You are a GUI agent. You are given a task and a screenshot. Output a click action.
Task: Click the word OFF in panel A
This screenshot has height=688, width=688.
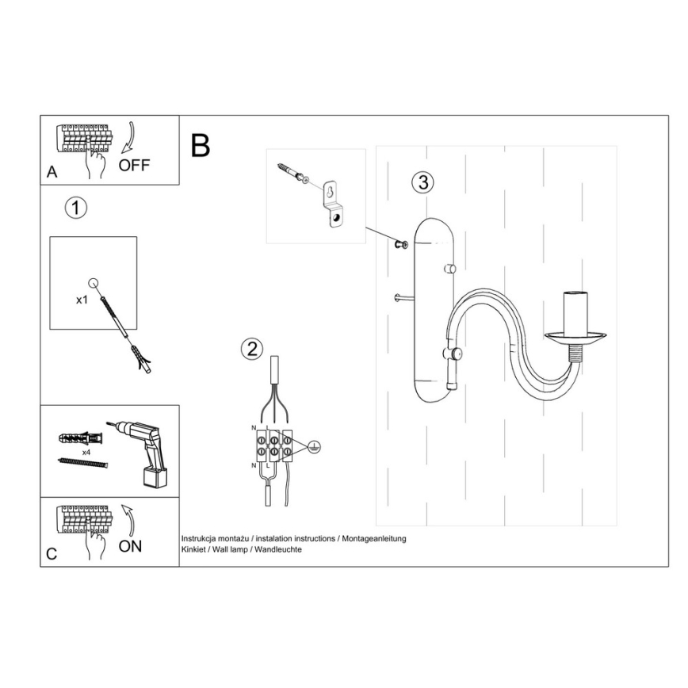click(133, 165)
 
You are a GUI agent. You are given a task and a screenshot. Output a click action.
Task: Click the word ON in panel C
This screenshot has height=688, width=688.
click(130, 546)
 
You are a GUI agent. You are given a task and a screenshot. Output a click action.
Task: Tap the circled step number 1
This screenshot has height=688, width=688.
click(75, 208)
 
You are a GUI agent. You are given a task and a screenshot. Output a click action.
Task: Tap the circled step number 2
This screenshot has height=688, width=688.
click(252, 349)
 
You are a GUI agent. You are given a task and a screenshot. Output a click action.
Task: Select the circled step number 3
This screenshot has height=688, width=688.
click(423, 182)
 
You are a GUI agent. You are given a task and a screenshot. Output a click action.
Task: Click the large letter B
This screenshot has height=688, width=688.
click(201, 146)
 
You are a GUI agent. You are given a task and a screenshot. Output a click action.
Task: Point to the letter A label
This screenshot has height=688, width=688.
click(52, 171)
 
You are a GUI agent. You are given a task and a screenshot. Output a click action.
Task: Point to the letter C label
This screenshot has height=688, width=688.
click(52, 554)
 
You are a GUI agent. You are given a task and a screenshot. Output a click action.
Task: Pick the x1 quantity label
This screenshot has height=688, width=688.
click(81, 300)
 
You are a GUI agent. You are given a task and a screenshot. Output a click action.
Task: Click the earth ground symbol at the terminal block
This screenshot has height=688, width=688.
click(314, 445)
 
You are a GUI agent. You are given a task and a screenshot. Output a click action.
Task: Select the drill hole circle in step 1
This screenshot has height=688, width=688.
click(94, 282)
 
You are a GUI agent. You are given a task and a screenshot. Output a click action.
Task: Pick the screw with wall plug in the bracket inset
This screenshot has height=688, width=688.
click(292, 174)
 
